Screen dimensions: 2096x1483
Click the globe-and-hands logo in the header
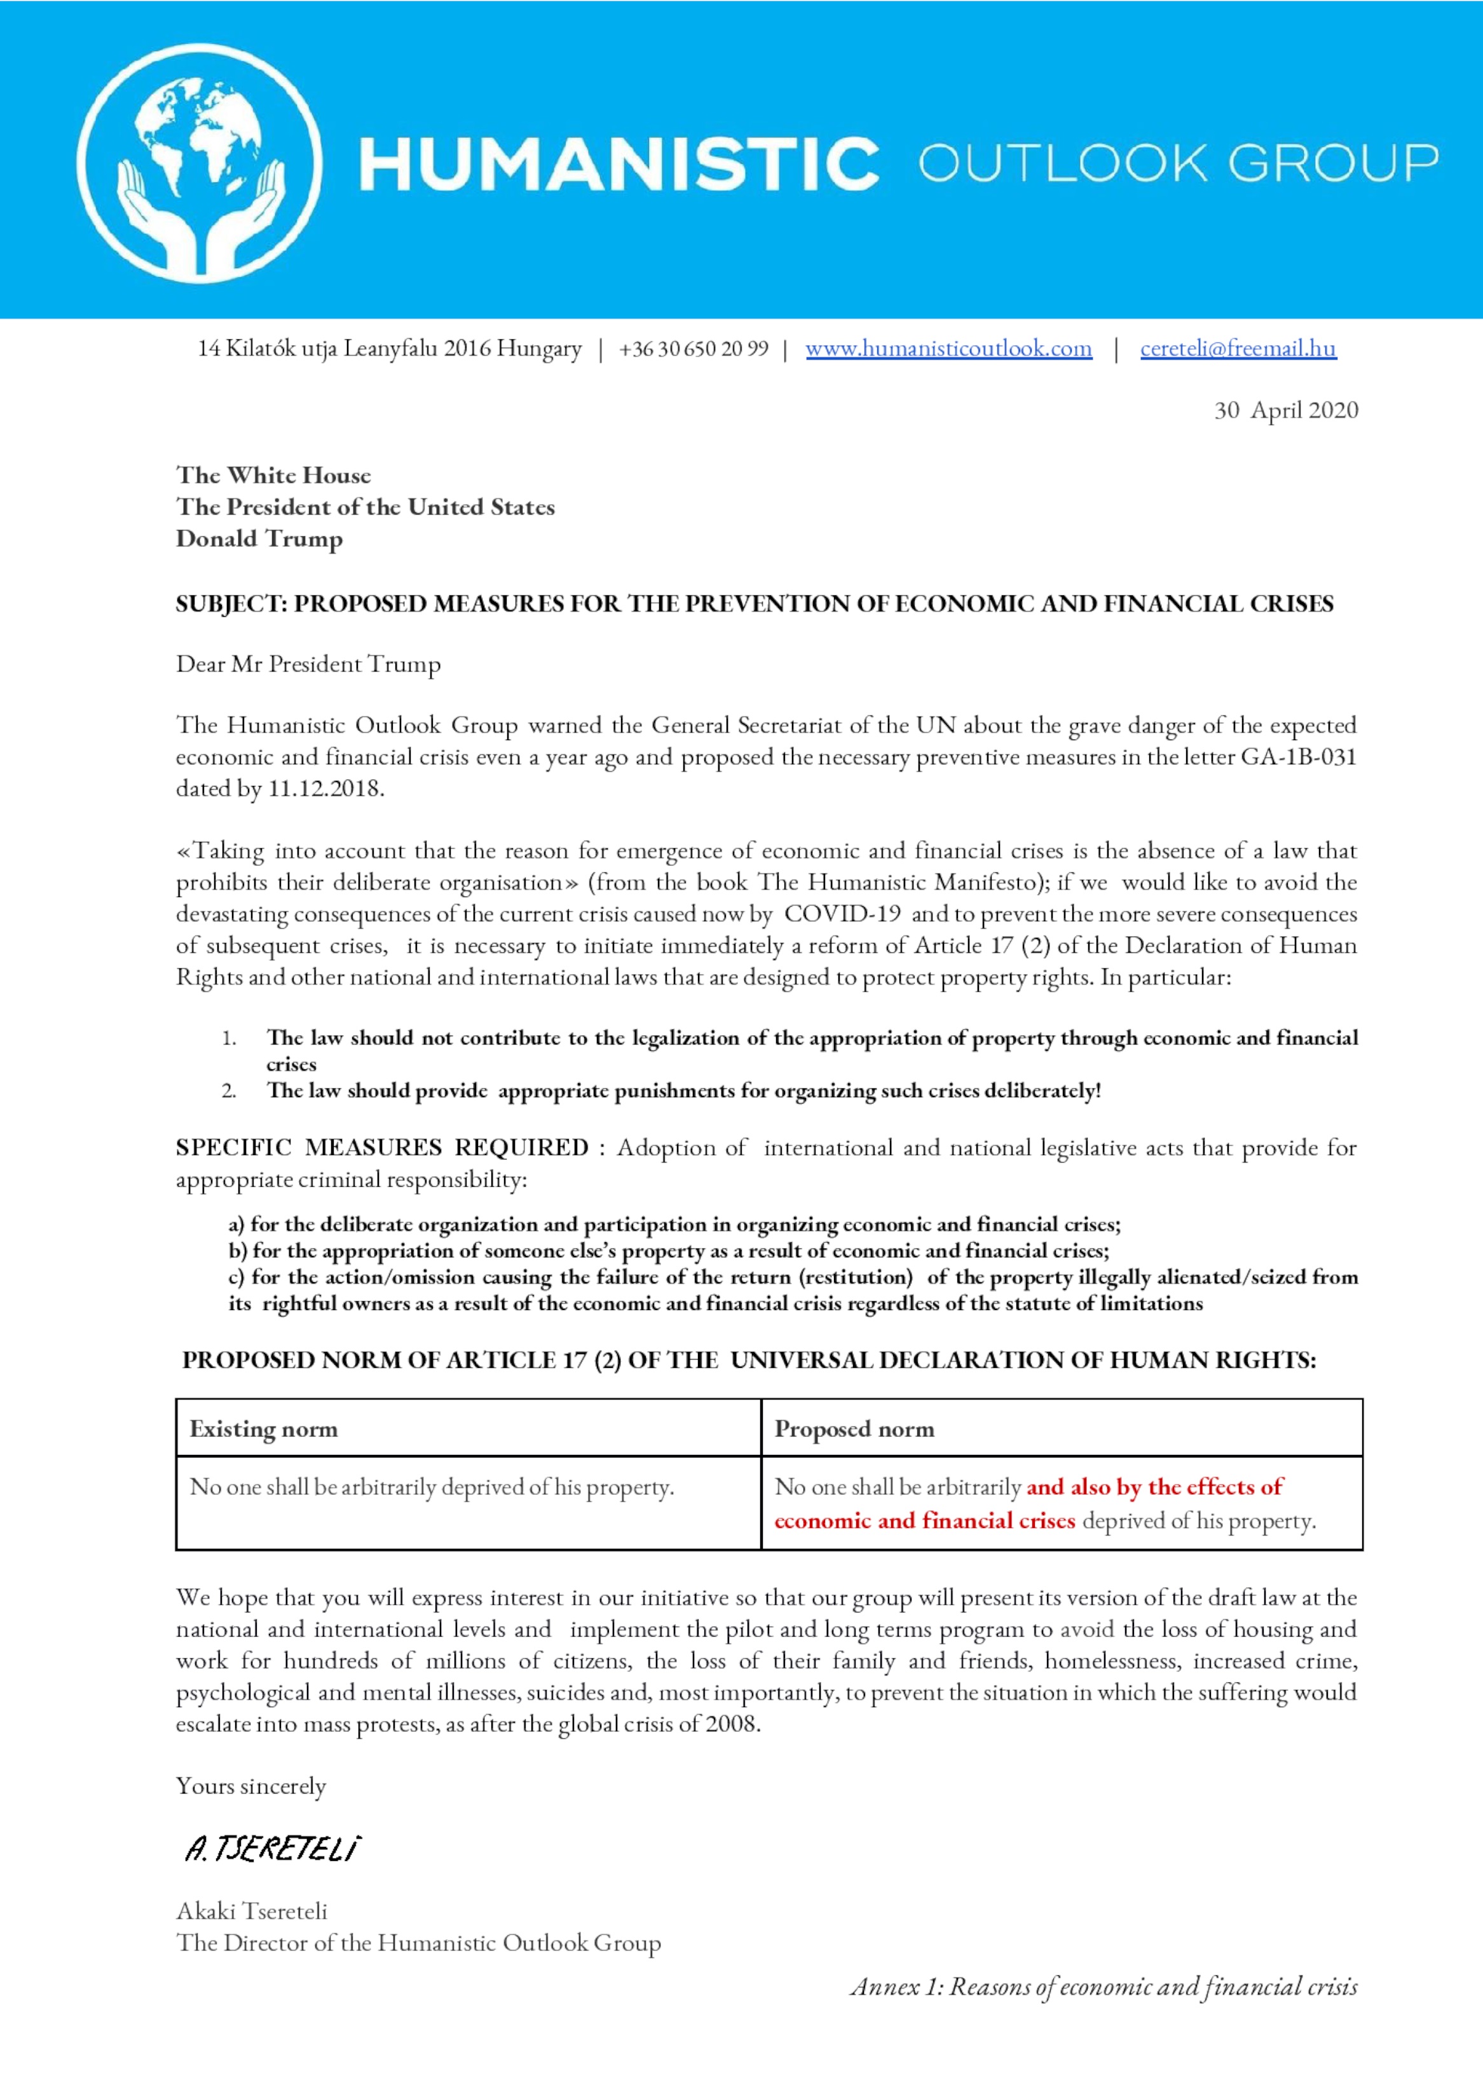(199, 163)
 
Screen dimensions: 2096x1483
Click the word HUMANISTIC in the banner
(619, 165)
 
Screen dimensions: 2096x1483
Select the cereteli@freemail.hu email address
(1238, 349)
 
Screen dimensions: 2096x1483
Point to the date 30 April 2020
(1286, 410)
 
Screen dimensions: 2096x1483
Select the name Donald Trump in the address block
(259, 539)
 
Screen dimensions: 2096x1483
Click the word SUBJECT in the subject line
(230, 604)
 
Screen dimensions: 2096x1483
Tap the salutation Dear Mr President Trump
(308, 664)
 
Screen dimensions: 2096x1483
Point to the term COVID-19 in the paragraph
(842, 914)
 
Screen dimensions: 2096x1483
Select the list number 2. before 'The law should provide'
(229, 1091)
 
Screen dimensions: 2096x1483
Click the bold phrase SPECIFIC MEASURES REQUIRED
(381, 1147)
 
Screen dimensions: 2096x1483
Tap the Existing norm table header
(263, 1429)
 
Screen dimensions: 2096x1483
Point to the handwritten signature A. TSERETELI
(272, 1849)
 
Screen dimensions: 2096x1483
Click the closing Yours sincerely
(251, 1785)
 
